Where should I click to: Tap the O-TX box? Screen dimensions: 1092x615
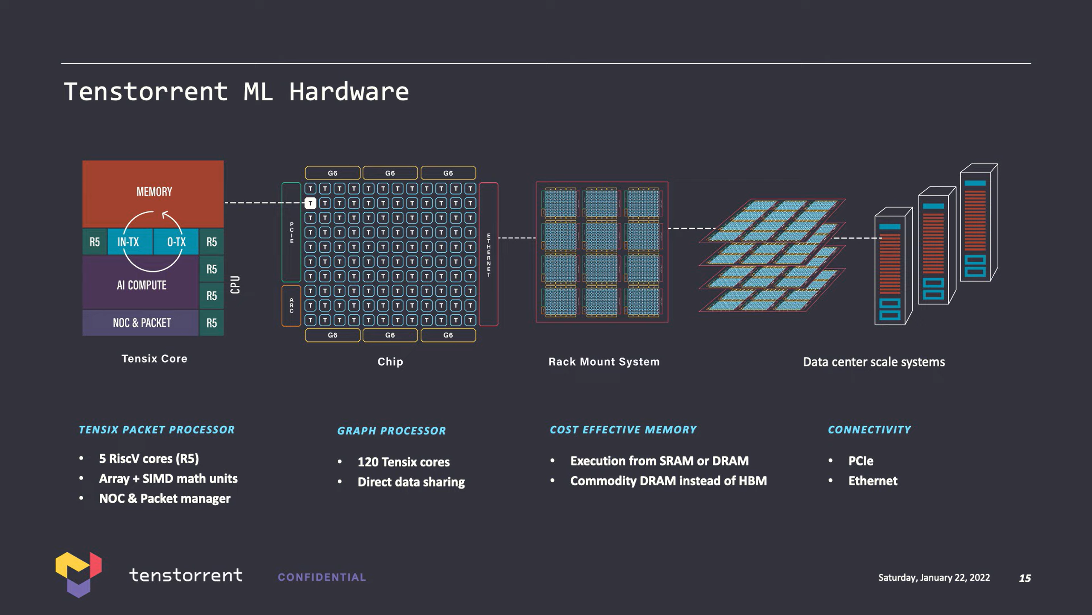176,242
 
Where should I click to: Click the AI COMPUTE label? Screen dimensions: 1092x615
142,285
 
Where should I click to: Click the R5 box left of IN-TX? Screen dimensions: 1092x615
94,242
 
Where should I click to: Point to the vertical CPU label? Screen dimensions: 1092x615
235,284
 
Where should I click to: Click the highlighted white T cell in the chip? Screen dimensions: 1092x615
311,203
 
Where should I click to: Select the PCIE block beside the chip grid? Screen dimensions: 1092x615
291,232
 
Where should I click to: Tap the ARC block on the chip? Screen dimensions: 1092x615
291,305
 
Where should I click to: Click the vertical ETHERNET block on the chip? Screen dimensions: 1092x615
488,254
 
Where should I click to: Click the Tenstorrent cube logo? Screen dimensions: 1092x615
78,574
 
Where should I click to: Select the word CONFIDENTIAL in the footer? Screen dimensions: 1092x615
322,577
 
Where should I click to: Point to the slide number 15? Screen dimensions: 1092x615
1025,578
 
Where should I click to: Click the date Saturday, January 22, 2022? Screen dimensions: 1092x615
934,577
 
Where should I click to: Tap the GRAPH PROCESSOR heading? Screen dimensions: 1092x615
392,430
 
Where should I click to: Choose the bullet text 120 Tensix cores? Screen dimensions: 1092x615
404,462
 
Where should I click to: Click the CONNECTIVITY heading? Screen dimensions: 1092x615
869,430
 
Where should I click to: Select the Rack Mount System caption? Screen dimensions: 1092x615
604,362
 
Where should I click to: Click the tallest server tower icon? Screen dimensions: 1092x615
979,222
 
